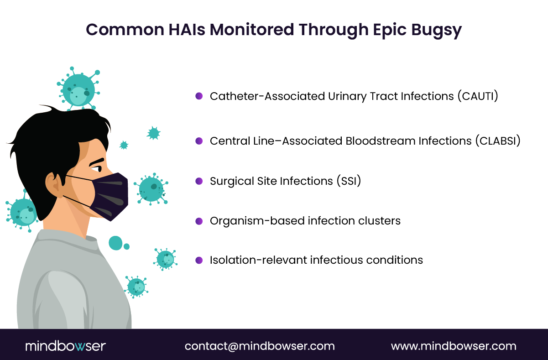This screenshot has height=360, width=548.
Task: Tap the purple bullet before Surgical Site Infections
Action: point(199,181)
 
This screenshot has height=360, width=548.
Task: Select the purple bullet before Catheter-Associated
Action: point(199,96)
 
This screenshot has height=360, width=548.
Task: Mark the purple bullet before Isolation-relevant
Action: point(199,260)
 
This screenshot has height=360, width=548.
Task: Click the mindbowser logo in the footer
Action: point(65,346)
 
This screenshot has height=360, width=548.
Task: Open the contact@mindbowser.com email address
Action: point(260,346)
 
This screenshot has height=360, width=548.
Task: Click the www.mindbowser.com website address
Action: point(454,346)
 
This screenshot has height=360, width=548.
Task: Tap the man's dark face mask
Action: point(110,196)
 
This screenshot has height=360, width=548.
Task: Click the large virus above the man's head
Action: point(78,89)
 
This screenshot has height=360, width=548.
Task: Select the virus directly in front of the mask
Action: point(151,188)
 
